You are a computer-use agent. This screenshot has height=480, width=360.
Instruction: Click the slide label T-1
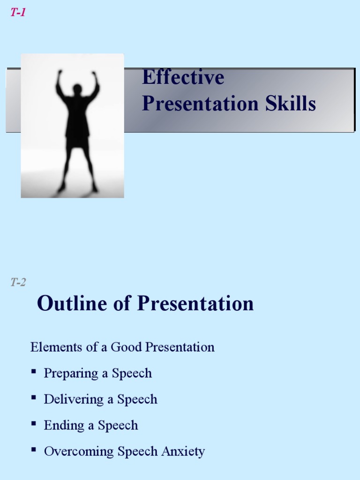click(x=18, y=13)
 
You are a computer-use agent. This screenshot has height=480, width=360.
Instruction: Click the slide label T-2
click(x=18, y=282)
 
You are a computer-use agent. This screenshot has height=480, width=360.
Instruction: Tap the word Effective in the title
click(x=183, y=77)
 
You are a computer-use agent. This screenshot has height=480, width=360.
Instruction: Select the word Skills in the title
click(x=291, y=104)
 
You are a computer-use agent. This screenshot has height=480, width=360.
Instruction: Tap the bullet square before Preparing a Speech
click(x=34, y=372)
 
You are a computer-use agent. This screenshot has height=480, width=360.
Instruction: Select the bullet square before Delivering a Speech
click(x=34, y=398)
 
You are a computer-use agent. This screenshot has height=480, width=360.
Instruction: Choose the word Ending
click(x=61, y=426)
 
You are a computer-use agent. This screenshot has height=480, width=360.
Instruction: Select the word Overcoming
click(x=79, y=452)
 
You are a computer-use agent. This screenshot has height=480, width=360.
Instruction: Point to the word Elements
click(x=50, y=347)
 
